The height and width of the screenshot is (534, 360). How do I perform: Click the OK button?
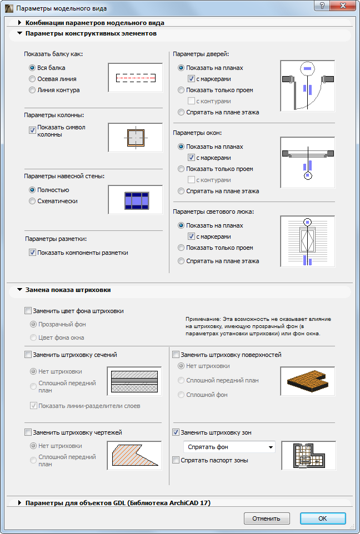click(323, 518)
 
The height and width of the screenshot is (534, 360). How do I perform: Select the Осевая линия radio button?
click(33, 79)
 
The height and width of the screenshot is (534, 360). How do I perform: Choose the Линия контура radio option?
click(33, 90)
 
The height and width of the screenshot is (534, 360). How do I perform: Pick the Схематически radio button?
click(33, 201)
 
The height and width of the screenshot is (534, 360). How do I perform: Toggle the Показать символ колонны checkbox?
click(32, 130)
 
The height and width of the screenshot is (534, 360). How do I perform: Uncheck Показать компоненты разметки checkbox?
click(32, 253)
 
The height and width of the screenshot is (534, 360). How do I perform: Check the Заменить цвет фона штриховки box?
click(28, 311)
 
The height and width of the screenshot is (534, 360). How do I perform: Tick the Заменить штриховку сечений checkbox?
click(28, 355)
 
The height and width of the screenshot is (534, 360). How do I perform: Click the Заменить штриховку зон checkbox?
click(176, 432)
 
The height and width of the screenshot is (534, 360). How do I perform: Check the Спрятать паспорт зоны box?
click(176, 460)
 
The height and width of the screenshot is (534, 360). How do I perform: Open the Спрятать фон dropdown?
click(229, 447)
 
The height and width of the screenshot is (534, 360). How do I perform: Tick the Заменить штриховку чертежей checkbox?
click(28, 432)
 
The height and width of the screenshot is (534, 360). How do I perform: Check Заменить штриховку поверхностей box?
click(176, 355)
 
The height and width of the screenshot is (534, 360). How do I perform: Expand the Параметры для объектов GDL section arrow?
click(20, 503)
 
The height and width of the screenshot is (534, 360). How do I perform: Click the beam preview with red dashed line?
click(135, 78)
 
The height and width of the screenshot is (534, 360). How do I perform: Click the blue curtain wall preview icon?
click(135, 200)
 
